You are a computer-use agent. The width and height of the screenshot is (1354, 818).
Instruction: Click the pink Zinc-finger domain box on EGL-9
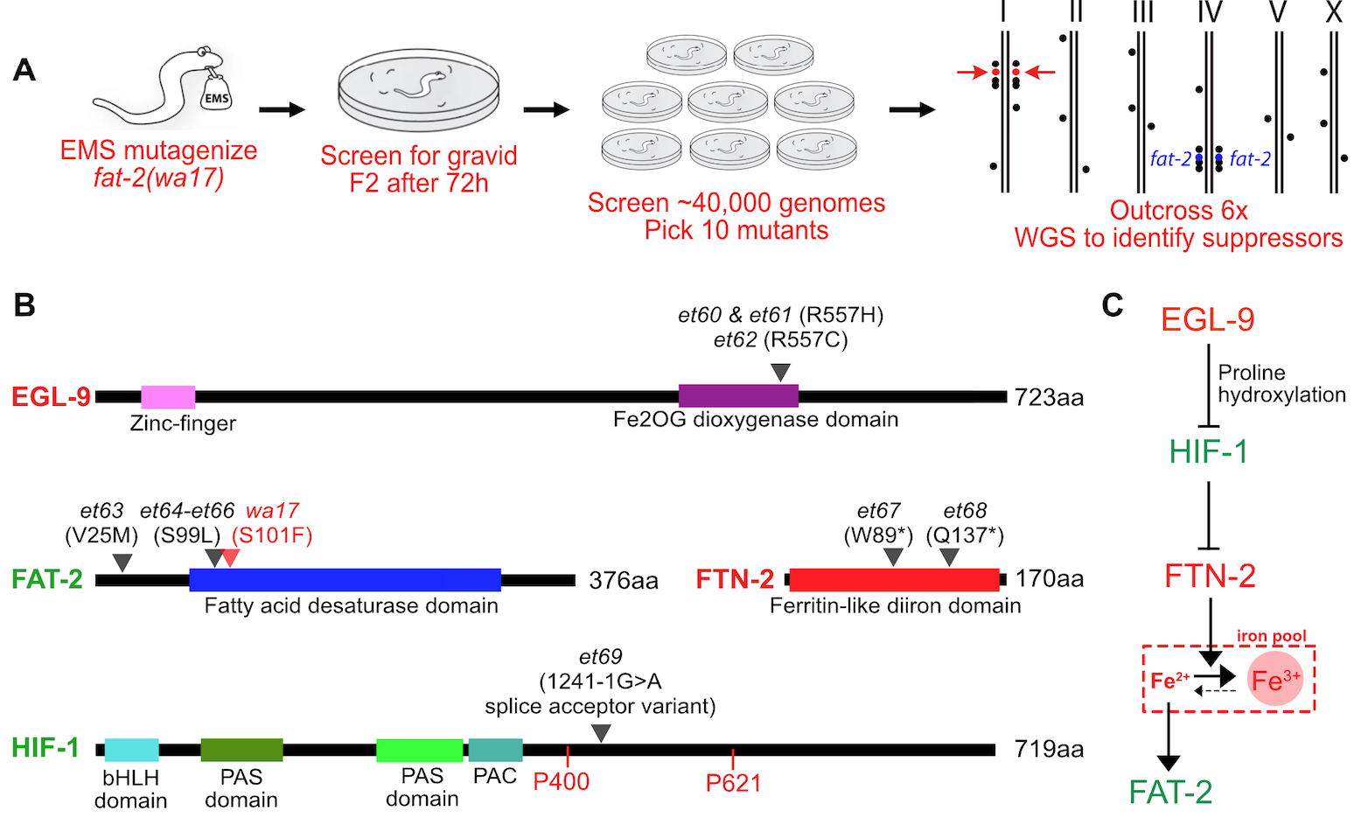pyautogui.click(x=168, y=396)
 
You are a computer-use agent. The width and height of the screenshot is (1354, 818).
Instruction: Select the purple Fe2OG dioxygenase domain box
pyautogui.click(x=738, y=396)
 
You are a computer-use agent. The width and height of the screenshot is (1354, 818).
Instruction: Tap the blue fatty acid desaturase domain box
pyautogui.click(x=345, y=579)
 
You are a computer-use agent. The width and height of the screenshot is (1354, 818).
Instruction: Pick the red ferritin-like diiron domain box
pyautogui.click(x=894, y=579)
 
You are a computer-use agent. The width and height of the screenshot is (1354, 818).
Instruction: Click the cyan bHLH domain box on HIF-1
pyautogui.click(x=131, y=750)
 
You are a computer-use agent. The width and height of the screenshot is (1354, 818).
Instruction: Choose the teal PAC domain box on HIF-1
pyautogui.click(x=495, y=750)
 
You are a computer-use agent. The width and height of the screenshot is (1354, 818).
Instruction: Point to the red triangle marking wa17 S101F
pyautogui.click(x=230, y=557)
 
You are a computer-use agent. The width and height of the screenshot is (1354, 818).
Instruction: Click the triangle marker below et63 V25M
pyautogui.click(x=123, y=562)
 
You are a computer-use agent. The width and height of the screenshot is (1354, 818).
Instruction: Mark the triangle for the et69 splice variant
pyautogui.click(x=601, y=733)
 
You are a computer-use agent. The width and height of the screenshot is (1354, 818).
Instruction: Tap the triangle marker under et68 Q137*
pyautogui.click(x=949, y=556)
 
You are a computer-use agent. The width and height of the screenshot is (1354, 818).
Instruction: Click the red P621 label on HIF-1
pyautogui.click(x=733, y=783)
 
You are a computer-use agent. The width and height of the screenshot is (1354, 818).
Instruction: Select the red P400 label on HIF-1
pyautogui.click(x=561, y=781)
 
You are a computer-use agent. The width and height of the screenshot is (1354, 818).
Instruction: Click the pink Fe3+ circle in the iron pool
pyautogui.click(x=1276, y=679)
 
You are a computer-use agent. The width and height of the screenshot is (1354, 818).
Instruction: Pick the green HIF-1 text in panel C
pyautogui.click(x=1209, y=451)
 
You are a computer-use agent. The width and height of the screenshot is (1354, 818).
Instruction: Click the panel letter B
pyautogui.click(x=24, y=304)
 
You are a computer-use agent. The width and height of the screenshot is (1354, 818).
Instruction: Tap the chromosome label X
pyautogui.click(x=1334, y=12)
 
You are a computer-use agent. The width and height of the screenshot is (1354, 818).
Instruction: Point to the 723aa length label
pyautogui.click(x=1049, y=398)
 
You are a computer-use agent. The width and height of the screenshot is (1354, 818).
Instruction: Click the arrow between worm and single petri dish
pyautogui.click(x=282, y=109)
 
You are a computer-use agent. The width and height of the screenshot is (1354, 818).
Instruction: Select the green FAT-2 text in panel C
pyautogui.click(x=1170, y=792)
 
